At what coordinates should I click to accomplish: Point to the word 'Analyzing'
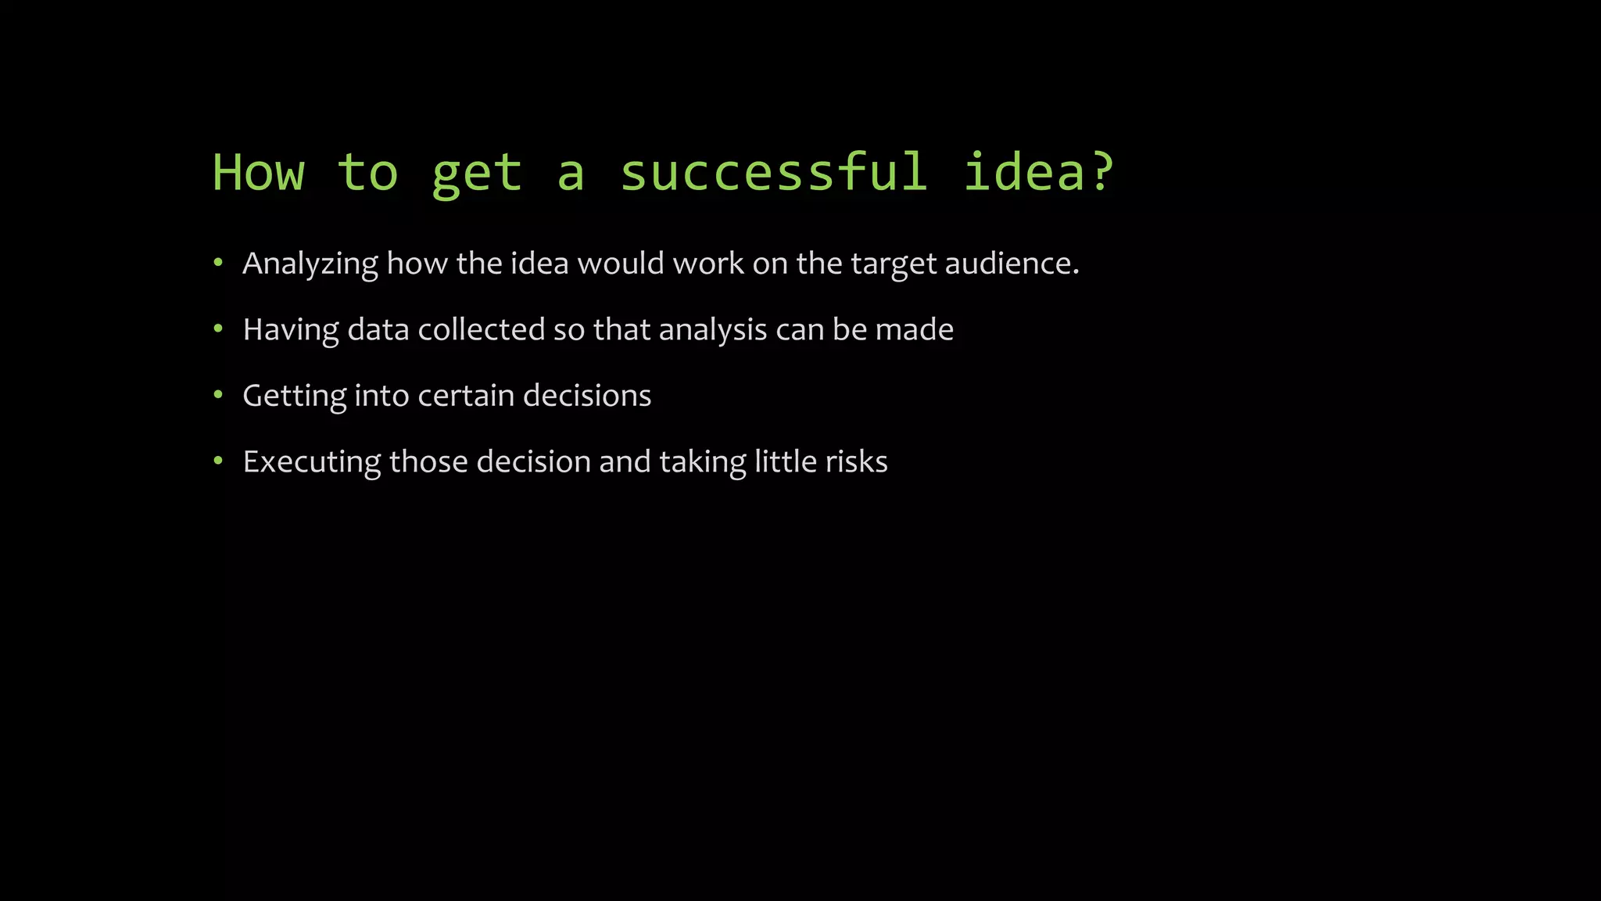click(310, 264)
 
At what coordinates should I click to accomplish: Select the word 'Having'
click(291, 330)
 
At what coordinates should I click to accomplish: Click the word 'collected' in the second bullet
click(481, 329)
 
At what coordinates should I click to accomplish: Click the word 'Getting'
click(294, 397)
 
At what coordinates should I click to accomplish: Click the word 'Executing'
click(312, 462)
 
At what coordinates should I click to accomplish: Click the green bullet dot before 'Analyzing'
click(218, 263)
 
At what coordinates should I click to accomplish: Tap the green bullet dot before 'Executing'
click(218, 461)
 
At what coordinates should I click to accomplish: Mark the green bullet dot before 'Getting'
click(218, 395)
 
